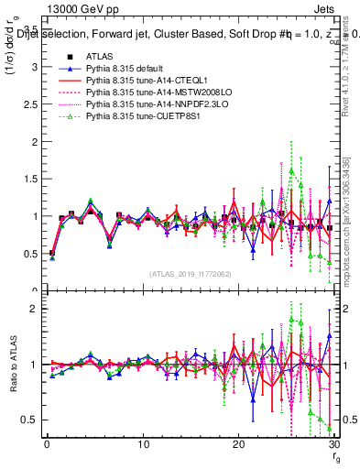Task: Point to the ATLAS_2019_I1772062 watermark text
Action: (x=190, y=273)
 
